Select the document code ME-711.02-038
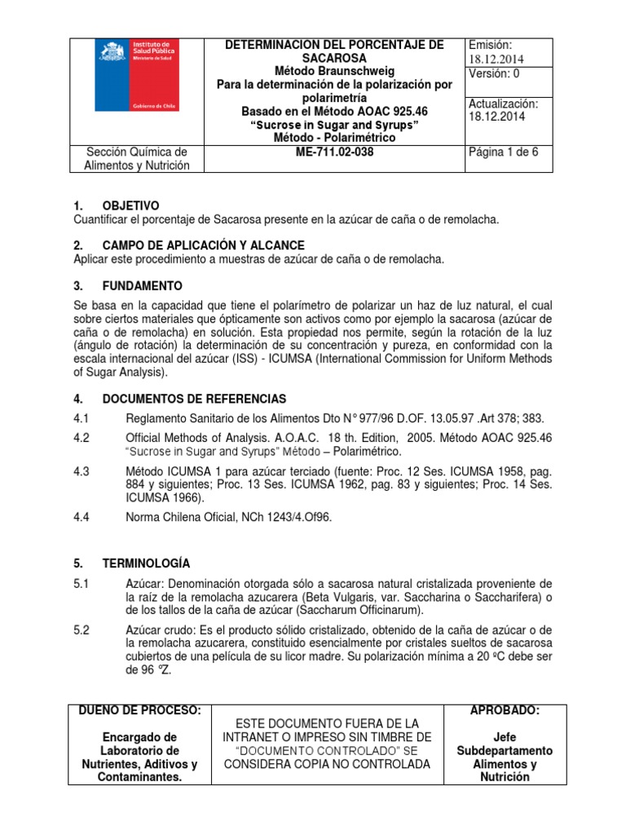click(333, 152)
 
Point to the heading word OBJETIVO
click(130, 205)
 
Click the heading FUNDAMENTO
click(143, 285)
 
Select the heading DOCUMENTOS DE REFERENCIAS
click(194, 399)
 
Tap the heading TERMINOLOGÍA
click(146, 563)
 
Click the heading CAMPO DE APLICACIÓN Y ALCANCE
click(203, 245)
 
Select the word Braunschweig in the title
click(355, 71)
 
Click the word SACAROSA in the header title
click(334, 58)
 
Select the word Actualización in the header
click(504, 104)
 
